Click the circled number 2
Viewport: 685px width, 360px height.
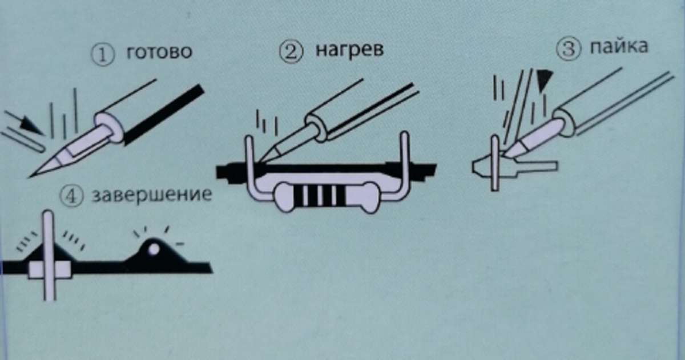[291, 52]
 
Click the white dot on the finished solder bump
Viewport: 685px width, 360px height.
[152, 248]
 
